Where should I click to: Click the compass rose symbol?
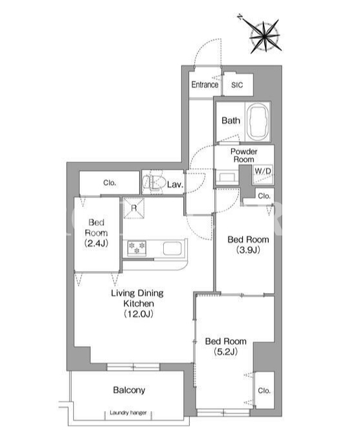click(265, 36)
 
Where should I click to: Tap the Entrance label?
click(205, 84)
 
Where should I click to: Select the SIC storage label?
click(237, 85)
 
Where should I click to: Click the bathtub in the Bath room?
click(258, 122)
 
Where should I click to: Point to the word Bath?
click(231, 121)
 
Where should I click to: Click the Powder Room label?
click(243, 155)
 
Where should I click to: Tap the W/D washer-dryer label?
click(263, 171)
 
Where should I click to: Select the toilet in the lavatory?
click(153, 183)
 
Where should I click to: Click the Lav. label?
click(175, 184)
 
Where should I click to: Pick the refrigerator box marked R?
click(134, 208)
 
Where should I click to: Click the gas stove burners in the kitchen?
click(137, 248)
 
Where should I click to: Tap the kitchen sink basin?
click(172, 248)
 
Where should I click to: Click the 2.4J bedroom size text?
click(96, 243)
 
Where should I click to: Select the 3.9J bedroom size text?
click(248, 250)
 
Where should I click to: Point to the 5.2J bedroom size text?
click(225, 352)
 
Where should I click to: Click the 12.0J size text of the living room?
click(139, 314)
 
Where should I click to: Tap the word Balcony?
click(129, 390)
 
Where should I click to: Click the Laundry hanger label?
click(128, 413)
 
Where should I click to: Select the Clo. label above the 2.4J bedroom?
click(109, 183)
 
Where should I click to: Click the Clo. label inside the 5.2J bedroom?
click(264, 391)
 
